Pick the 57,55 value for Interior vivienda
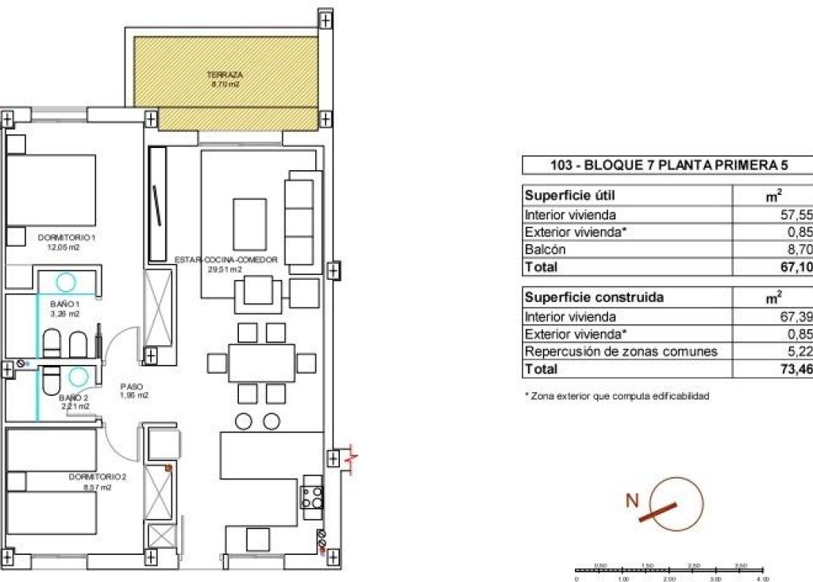(796, 215)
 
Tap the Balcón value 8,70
(798, 250)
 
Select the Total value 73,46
(796, 370)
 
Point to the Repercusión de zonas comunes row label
(621, 351)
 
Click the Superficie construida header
(595, 297)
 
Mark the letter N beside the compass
(633, 501)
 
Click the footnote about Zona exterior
(616, 395)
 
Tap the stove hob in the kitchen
(311, 497)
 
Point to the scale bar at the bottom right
(669, 570)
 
